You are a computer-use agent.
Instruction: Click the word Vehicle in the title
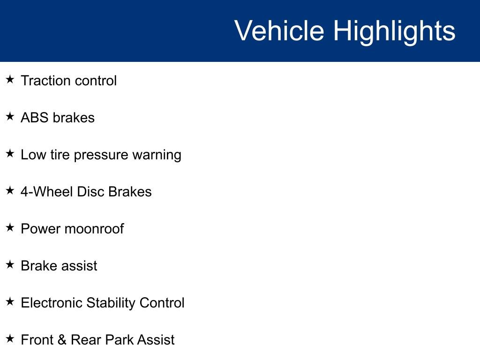click(279, 30)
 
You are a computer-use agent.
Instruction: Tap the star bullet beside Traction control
click(10, 79)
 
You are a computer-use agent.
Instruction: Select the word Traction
click(45, 81)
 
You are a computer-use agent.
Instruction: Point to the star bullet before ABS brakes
click(10, 116)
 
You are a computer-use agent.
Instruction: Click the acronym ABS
click(35, 118)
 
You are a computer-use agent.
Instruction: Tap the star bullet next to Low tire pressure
click(10, 153)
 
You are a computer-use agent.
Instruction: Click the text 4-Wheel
click(47, 192)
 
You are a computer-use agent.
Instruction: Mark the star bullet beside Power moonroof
click(10, 227)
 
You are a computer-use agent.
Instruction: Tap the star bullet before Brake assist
click(10, 264)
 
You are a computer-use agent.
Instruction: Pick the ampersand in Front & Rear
click(62, 340)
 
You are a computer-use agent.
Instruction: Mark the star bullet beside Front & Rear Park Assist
click(10, 338)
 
